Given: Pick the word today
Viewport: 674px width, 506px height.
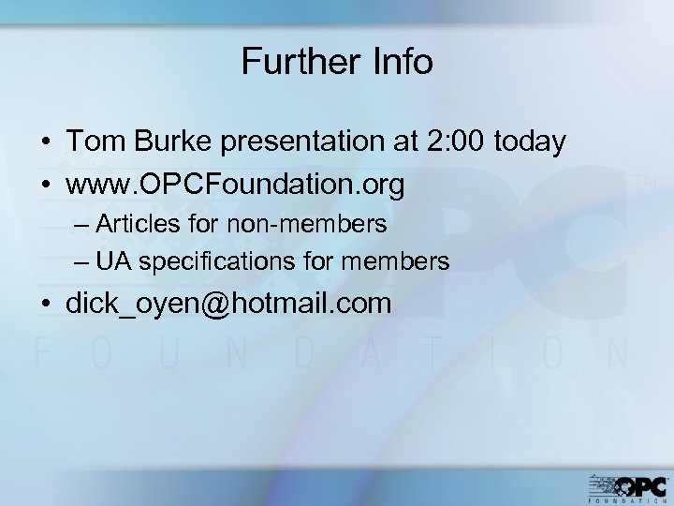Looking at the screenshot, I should (x=531, y=143).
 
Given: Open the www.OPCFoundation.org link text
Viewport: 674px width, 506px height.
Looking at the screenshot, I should (x=235, y=185).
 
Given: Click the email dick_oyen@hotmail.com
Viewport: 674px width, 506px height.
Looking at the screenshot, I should (x=228, y=305).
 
